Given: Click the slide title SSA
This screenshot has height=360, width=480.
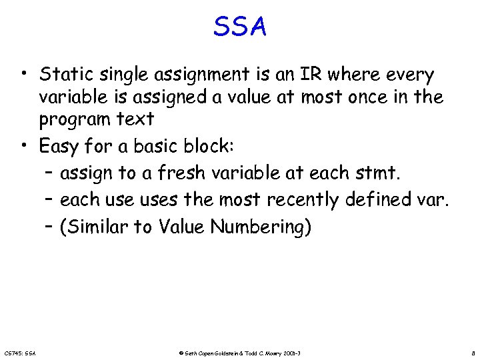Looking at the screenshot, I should pos(240,27).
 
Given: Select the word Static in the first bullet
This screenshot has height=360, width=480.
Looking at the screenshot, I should pos(64,74).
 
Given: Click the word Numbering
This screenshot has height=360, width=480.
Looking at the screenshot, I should pos(261,227).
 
